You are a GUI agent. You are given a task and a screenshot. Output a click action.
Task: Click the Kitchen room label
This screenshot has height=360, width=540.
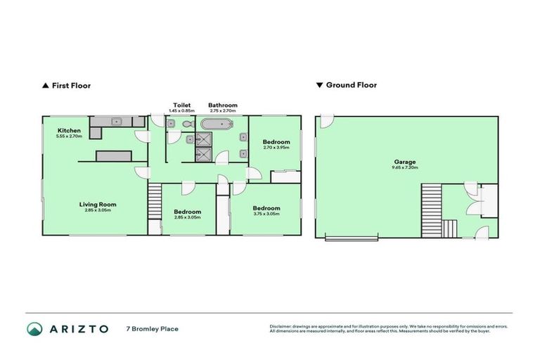click(69, 130)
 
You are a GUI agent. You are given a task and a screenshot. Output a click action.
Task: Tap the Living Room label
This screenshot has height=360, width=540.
click(97, 205)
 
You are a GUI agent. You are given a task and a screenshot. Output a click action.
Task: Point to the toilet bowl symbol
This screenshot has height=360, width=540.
click(187, 124)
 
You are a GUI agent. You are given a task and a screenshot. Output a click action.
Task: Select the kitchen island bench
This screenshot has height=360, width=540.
click(113, 155)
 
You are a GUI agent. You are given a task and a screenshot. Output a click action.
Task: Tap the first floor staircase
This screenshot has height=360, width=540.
click(155, 202)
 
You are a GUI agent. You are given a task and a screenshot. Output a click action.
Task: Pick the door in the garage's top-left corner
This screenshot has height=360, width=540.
click(326, 122)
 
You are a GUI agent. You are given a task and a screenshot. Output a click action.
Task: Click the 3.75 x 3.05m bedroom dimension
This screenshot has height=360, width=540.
click(266, 214)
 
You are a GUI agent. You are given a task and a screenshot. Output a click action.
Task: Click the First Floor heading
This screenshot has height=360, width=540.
click(71, 85)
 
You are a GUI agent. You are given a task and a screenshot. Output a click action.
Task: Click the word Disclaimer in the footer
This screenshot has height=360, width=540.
click(282, 326)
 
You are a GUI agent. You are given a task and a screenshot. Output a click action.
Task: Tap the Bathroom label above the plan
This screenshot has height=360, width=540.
click(222, 105)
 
